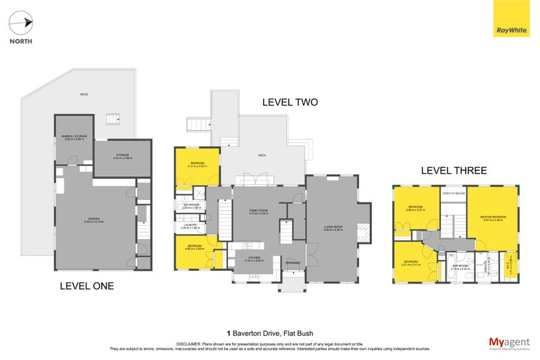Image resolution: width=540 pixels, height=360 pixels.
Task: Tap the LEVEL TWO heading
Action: click(x=290, y=103)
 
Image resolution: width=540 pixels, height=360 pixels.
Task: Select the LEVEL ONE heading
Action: click(x=86, y=286)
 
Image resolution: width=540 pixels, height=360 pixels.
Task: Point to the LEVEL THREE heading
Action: click(x=453, y=171)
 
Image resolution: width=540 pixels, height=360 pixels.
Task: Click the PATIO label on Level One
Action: click(x=84, y=95)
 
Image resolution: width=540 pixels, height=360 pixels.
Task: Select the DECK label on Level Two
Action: click(x=262, y=155)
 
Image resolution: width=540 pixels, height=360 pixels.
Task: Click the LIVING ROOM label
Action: click(x=333, y=227)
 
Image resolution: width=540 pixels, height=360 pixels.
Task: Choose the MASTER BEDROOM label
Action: click(x=493, y=216)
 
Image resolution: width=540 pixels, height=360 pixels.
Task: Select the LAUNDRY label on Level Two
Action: click(x=190, y=226)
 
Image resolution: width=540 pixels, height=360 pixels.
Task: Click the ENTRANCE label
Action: click(x=293, y=263)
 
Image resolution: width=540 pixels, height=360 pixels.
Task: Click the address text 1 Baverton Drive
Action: click(x=269, y=333)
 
